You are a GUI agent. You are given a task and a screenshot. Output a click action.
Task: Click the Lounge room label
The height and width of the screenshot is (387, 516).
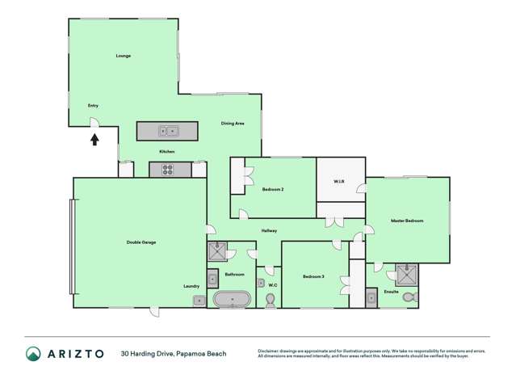point(123,56)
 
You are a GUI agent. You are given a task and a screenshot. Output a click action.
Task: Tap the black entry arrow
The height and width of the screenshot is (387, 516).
point(94,139)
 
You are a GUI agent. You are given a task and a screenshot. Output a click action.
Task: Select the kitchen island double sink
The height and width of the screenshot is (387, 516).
point(168,130)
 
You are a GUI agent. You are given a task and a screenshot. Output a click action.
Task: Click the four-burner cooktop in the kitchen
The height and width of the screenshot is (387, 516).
point(169,170)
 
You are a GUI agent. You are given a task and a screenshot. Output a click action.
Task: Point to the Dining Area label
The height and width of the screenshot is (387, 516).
point(233,124)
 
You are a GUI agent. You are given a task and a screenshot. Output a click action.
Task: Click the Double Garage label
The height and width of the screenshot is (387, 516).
point(141,242)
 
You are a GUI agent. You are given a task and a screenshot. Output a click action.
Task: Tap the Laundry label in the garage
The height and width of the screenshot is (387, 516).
point(191,286)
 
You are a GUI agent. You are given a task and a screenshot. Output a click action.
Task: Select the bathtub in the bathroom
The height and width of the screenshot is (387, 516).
point(232,300)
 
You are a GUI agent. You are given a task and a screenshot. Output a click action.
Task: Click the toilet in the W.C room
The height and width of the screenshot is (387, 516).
point(271,300)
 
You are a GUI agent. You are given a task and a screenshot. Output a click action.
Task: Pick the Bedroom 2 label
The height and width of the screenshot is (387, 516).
point(273,189)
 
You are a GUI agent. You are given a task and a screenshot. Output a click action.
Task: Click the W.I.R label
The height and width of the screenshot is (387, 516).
point(339,182)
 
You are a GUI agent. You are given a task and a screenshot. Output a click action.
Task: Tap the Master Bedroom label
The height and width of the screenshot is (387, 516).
point(407,221)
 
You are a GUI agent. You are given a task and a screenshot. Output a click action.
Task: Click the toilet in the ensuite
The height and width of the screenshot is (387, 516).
point(409,297)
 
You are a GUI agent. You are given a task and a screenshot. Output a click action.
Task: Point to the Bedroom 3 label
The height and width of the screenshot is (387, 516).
point(313,277)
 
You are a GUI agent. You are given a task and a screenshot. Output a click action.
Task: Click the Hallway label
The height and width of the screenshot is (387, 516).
point(269,231)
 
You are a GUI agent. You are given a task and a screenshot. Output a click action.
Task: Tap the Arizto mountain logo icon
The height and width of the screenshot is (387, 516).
point(33,353)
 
